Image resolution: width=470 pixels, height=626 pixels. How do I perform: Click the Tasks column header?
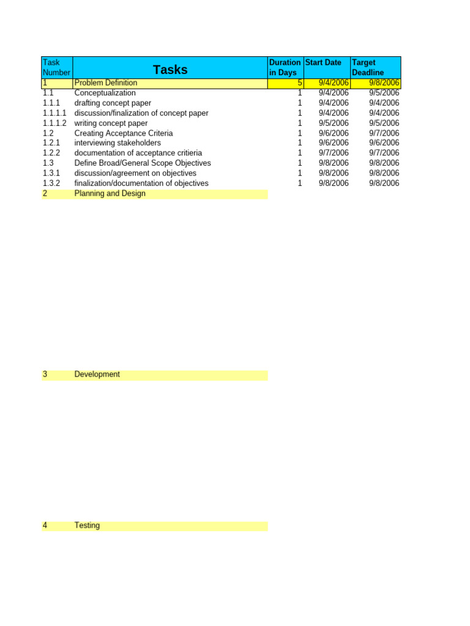click(170, 70)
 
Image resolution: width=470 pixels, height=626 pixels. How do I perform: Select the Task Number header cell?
click(56, 67)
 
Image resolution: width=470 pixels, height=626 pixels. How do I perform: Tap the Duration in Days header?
click(285, 67)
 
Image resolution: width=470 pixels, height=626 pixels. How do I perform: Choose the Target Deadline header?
click(368, 67)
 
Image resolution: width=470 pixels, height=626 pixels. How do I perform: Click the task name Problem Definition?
click(106, 83)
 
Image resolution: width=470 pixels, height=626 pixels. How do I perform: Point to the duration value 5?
click(299, 83)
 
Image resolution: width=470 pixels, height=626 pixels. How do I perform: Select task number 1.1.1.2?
click(54, 123)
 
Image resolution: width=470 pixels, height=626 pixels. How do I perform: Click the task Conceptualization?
click(105, 93)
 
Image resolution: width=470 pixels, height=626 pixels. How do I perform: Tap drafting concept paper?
click(113, 103)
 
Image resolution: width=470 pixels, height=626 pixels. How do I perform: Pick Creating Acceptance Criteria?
click(123, 133)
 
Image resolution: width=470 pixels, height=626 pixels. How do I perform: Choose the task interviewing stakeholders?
click(117, 142)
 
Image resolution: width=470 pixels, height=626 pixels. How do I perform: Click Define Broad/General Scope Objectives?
click(142, 163)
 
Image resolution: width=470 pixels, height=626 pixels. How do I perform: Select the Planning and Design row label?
click(110, 193)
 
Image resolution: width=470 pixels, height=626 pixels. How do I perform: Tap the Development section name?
click(97, 374)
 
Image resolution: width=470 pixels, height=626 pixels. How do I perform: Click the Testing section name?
click(87, 525)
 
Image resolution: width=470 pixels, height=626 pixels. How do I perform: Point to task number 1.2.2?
click(51, 153)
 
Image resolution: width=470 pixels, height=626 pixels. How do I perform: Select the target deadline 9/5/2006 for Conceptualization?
click(384, 93)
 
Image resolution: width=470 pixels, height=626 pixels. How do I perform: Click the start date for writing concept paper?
click(334, 123)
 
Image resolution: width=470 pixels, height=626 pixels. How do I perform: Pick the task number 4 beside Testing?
click(45, 525)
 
